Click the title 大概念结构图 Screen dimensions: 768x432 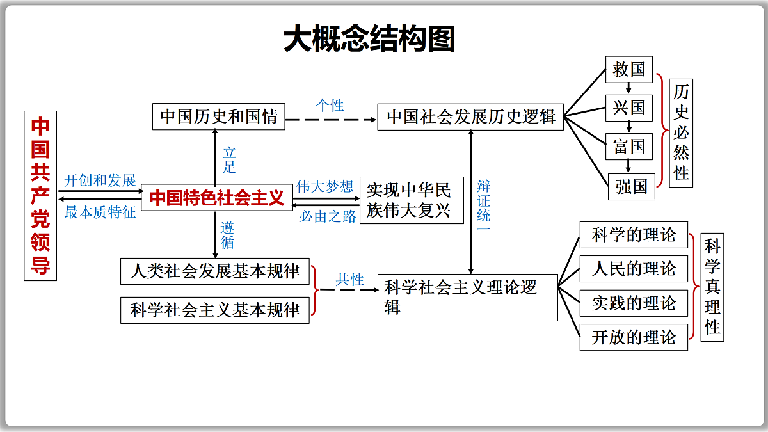(369, 38)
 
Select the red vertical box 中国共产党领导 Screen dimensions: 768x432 (40, 196)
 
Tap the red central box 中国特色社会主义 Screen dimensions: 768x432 (217, 198)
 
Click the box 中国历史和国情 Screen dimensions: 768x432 (219, 116)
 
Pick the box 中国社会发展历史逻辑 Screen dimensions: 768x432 (470, 117)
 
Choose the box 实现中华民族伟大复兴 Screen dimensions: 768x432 (412, 200)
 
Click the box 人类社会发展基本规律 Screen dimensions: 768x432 (215, 271)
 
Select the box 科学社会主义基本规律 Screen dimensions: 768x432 (215, 310)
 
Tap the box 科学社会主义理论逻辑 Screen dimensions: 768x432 (468, 298)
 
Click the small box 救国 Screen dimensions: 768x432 (628, 70)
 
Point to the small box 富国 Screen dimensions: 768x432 (628, 147)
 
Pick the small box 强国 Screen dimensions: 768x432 (632, 187)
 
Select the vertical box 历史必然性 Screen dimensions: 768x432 (681, 133)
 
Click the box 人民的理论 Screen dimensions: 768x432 (634, 269)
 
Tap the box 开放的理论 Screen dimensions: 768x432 (634, 337)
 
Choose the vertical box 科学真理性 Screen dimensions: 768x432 (712, 287)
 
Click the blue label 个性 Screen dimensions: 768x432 (330, 105)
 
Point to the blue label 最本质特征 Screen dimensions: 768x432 (100, 212)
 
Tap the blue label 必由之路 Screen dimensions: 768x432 (328, 216)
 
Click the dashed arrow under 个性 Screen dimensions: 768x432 (331, 120)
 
